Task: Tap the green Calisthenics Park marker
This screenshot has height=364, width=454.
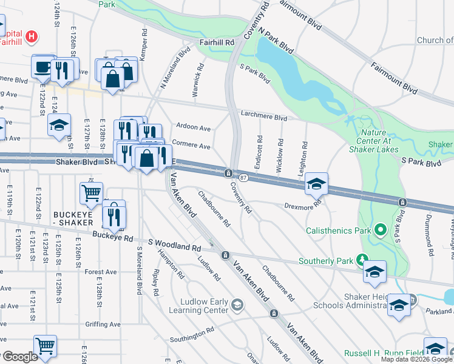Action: [381, 230]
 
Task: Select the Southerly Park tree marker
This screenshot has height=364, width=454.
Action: [362, 260]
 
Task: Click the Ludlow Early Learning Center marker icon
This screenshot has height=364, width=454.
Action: [237, 305]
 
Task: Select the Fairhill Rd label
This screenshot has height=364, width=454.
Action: [217, 43]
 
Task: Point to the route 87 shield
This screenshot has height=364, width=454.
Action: [243, 177]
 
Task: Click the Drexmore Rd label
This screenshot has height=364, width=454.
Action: [302, 206]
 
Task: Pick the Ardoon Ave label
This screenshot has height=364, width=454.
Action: [193, 128]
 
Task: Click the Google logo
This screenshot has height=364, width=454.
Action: [20, 357]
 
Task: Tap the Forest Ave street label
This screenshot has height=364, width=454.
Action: [101, 272]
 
